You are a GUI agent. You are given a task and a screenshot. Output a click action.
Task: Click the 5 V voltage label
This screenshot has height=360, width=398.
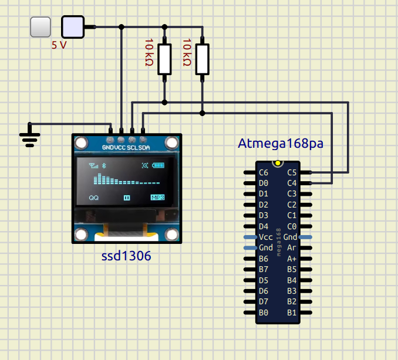(59, 45)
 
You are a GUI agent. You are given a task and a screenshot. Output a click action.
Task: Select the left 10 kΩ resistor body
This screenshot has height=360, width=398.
(165, 59)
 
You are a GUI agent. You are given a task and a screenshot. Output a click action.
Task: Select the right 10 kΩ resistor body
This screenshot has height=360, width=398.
(202, 59)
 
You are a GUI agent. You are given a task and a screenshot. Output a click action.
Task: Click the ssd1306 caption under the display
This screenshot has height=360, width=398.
(126, 257)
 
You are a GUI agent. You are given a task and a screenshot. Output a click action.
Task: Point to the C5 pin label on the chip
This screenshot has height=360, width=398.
(291, 172)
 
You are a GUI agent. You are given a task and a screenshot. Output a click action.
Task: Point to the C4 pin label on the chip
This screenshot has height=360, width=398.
(291, 183)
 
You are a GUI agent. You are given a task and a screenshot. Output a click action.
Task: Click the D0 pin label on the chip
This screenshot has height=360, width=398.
(264, 183)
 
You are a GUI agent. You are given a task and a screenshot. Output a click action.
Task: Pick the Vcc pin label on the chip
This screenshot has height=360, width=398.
(265, 237)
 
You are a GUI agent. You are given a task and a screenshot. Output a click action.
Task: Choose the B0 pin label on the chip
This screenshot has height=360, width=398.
(264, 313)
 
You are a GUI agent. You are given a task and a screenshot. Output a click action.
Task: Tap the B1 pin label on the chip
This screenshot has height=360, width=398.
(291, 313)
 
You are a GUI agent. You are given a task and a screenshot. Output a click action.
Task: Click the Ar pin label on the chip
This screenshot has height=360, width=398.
(291, 248)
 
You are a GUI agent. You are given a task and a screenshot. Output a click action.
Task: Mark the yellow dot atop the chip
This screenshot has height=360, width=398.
(277, 162)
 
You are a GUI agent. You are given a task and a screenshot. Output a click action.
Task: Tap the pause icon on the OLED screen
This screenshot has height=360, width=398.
(126, 198)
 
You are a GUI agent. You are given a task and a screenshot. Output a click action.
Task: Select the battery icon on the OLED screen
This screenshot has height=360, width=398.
(159, 166)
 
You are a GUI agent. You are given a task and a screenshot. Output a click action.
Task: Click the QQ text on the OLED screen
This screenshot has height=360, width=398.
(94, 198)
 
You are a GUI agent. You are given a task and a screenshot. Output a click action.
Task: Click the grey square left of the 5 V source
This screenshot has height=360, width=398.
(40, 26)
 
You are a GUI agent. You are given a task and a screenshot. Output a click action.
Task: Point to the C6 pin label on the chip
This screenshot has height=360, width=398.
(264, 172)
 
